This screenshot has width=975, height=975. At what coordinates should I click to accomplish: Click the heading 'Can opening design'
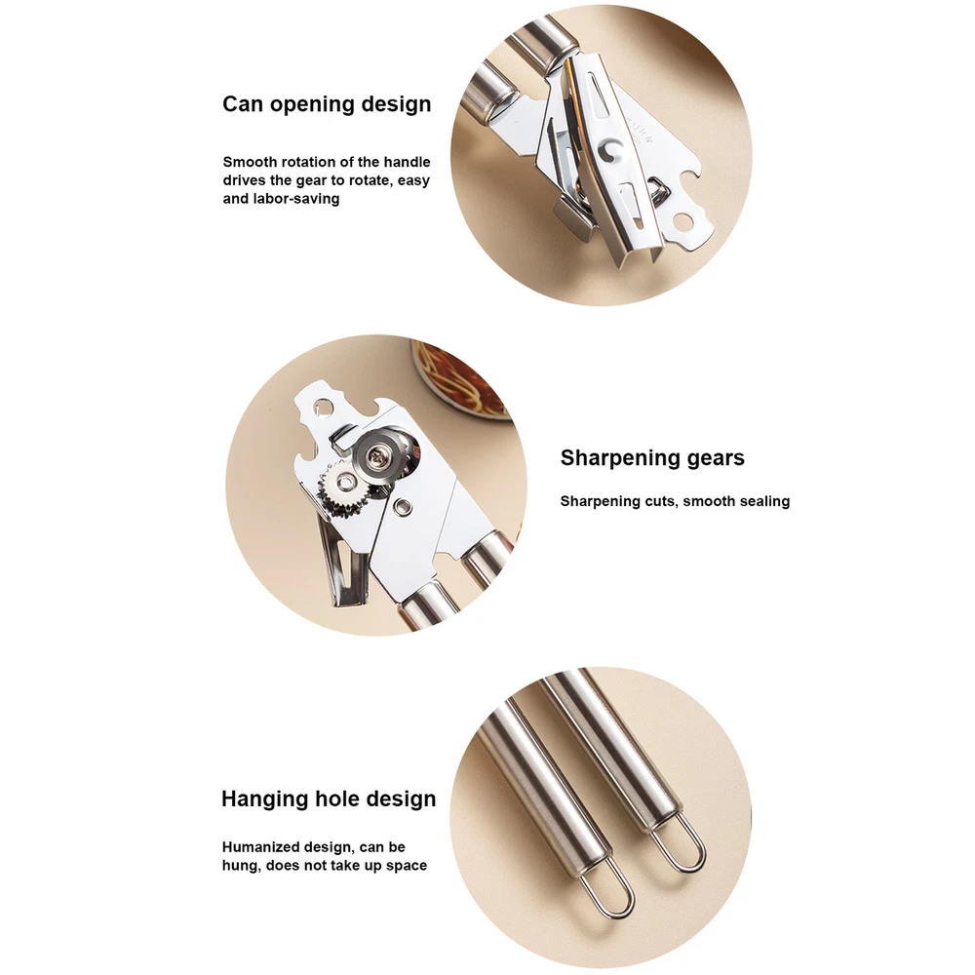coord(327,104)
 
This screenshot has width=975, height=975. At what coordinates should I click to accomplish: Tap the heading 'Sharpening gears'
coord(652,458)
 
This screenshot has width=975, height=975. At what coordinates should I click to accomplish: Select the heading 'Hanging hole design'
coord(329,799)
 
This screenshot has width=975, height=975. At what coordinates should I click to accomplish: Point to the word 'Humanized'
coord(260,847)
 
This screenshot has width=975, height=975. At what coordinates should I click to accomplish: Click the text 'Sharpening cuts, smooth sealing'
coord(675,501)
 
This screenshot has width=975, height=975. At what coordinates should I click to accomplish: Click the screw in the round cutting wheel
coord(376,457)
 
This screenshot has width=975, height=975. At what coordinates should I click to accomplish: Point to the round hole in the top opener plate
coord(684,219)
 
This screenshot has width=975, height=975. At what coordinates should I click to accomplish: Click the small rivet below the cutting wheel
coord(405,506)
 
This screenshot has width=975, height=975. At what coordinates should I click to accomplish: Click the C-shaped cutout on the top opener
coord(610,151)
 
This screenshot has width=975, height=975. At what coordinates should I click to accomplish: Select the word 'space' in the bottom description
coord(408,866)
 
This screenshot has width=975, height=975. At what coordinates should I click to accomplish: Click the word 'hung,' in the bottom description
coord(241,866)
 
